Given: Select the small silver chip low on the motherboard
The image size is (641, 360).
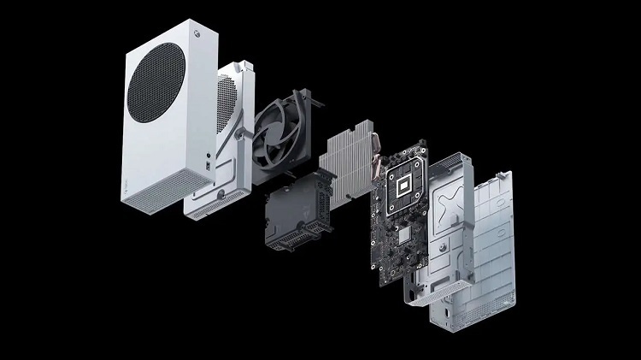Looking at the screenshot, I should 399,231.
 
